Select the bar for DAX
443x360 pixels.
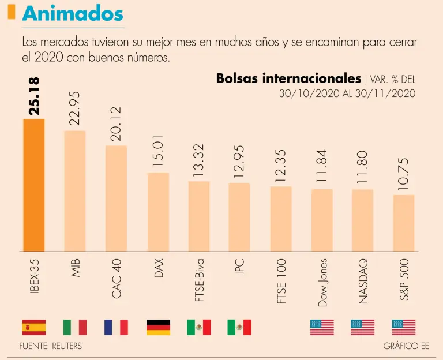tap(158, 212)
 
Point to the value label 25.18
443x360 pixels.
tap(34, 97)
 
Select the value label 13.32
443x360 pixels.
tap(199, 160)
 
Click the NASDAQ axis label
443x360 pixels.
tap(363, 282)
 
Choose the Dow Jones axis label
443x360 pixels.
tap(322, 282)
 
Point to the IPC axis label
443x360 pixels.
tap(240, 267)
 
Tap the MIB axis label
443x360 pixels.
tap(75, 268)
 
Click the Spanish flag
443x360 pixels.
tap(33, 327)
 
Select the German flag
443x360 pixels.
tap(158, 327)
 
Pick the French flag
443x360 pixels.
tap(116, 327)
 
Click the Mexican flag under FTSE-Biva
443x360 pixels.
tap(199, 327)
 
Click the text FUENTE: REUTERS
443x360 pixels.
tap(51, 346)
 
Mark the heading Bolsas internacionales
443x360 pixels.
tap(288, 78)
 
